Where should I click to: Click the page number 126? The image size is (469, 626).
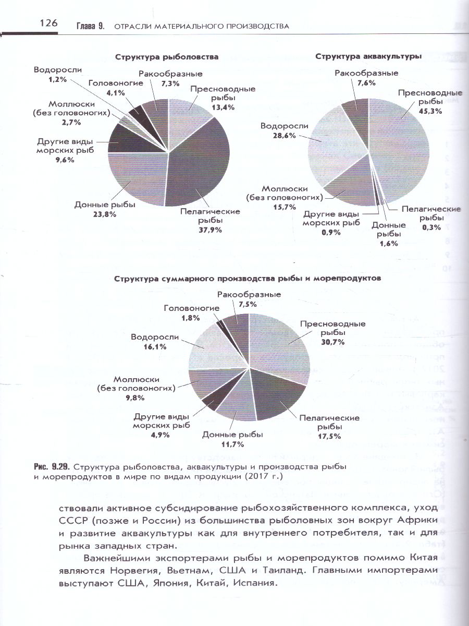click(x=47, y=23)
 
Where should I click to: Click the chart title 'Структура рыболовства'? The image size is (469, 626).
click(x=166, y=57)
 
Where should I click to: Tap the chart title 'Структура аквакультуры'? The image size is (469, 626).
click(x=368, y=55)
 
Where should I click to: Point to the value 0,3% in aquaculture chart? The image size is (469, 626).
click(x=431, y=227)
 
